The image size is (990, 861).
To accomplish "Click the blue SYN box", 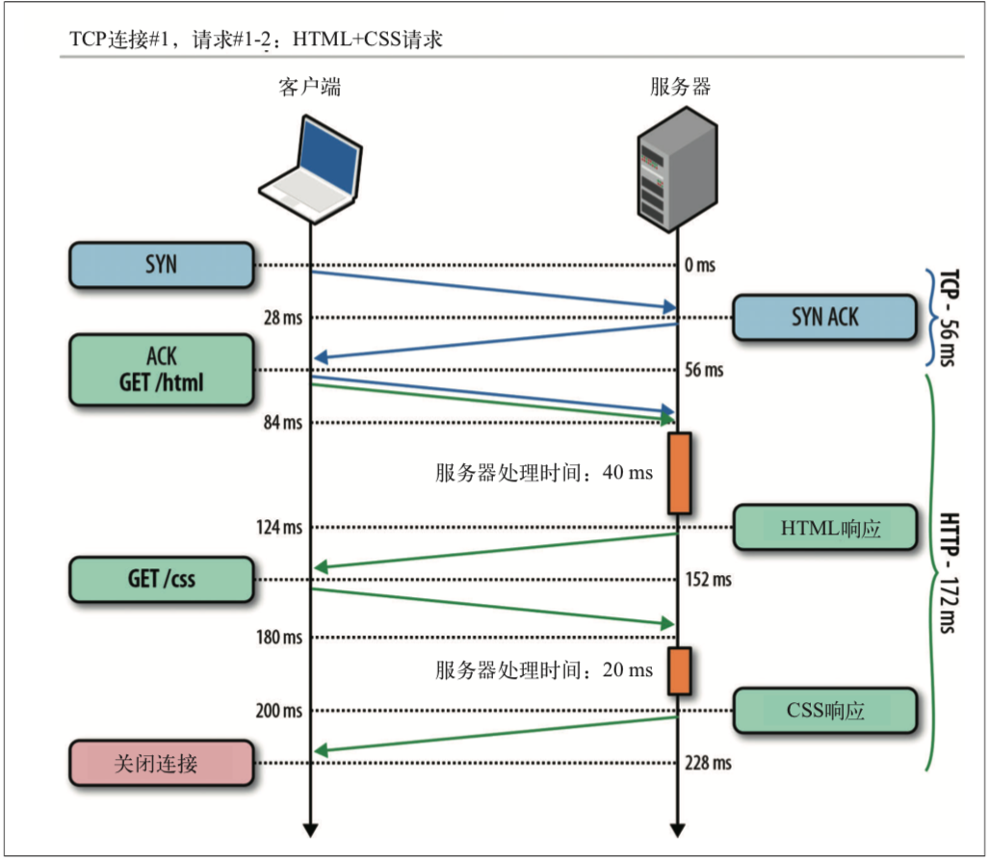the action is coord(162,265).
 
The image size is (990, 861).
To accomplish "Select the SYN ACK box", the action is coord(824,317).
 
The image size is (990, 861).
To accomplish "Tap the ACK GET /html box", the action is coord(162,370).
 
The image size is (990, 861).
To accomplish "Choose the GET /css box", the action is coord(162,579).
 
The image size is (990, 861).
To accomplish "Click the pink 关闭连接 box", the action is coord(162,763).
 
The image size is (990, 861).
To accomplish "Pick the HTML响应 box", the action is coord(825,527).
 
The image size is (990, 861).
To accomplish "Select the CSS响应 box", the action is coord(825,711).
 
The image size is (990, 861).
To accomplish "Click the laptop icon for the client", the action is coord(311,170).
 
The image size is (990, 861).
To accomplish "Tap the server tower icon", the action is coord(677,170).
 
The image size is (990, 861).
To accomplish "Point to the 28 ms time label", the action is coord(283,318).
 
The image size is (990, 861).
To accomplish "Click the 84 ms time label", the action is coord(283,422).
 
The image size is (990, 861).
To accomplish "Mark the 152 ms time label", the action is coord(709,580).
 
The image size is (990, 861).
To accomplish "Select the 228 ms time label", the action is coord(709,763).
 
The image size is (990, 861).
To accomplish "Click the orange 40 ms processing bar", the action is coord(679,473).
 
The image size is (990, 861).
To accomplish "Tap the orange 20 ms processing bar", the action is coord(679,670).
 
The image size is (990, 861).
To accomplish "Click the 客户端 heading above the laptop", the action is coord(310,87).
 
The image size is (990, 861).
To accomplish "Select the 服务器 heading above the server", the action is coord(681,87).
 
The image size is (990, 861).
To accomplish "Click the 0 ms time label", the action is coord(700,265).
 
